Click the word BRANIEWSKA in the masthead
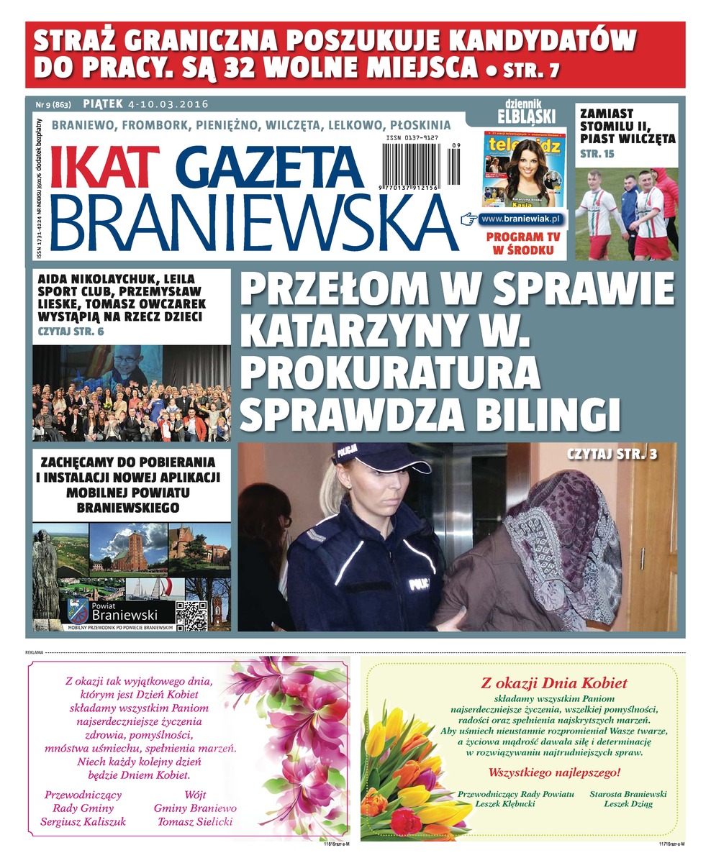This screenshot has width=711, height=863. [x=253, y=220]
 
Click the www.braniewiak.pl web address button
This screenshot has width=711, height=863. [x=522, y=218]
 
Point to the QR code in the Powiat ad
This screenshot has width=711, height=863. [x=191, y=616]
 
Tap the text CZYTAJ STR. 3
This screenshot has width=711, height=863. [x=612, y=455]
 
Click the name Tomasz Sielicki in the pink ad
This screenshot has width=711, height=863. [x=195, y=821]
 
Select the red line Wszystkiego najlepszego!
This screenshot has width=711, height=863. [x=554, y=773]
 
